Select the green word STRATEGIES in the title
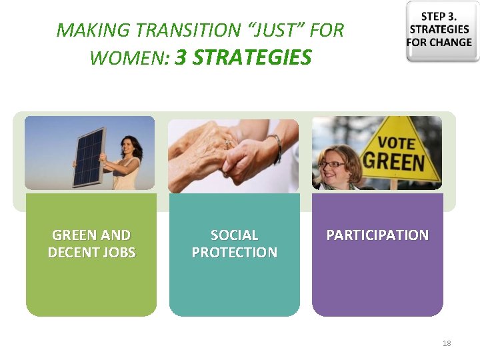(x=253, y=57)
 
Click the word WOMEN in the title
(x=126, y=58)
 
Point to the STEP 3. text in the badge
(x=439, y=17)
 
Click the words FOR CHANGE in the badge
(x=439, y=42)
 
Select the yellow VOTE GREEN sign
(x=400, y=153)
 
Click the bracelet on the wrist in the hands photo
(x=275, y=147)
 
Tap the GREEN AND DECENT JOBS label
(x=91, y=243)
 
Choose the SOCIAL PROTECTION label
(x=234, y=243)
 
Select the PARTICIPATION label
(x=377, y=235)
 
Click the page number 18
(x=446, y=343)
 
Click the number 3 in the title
(x=181, y=57)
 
